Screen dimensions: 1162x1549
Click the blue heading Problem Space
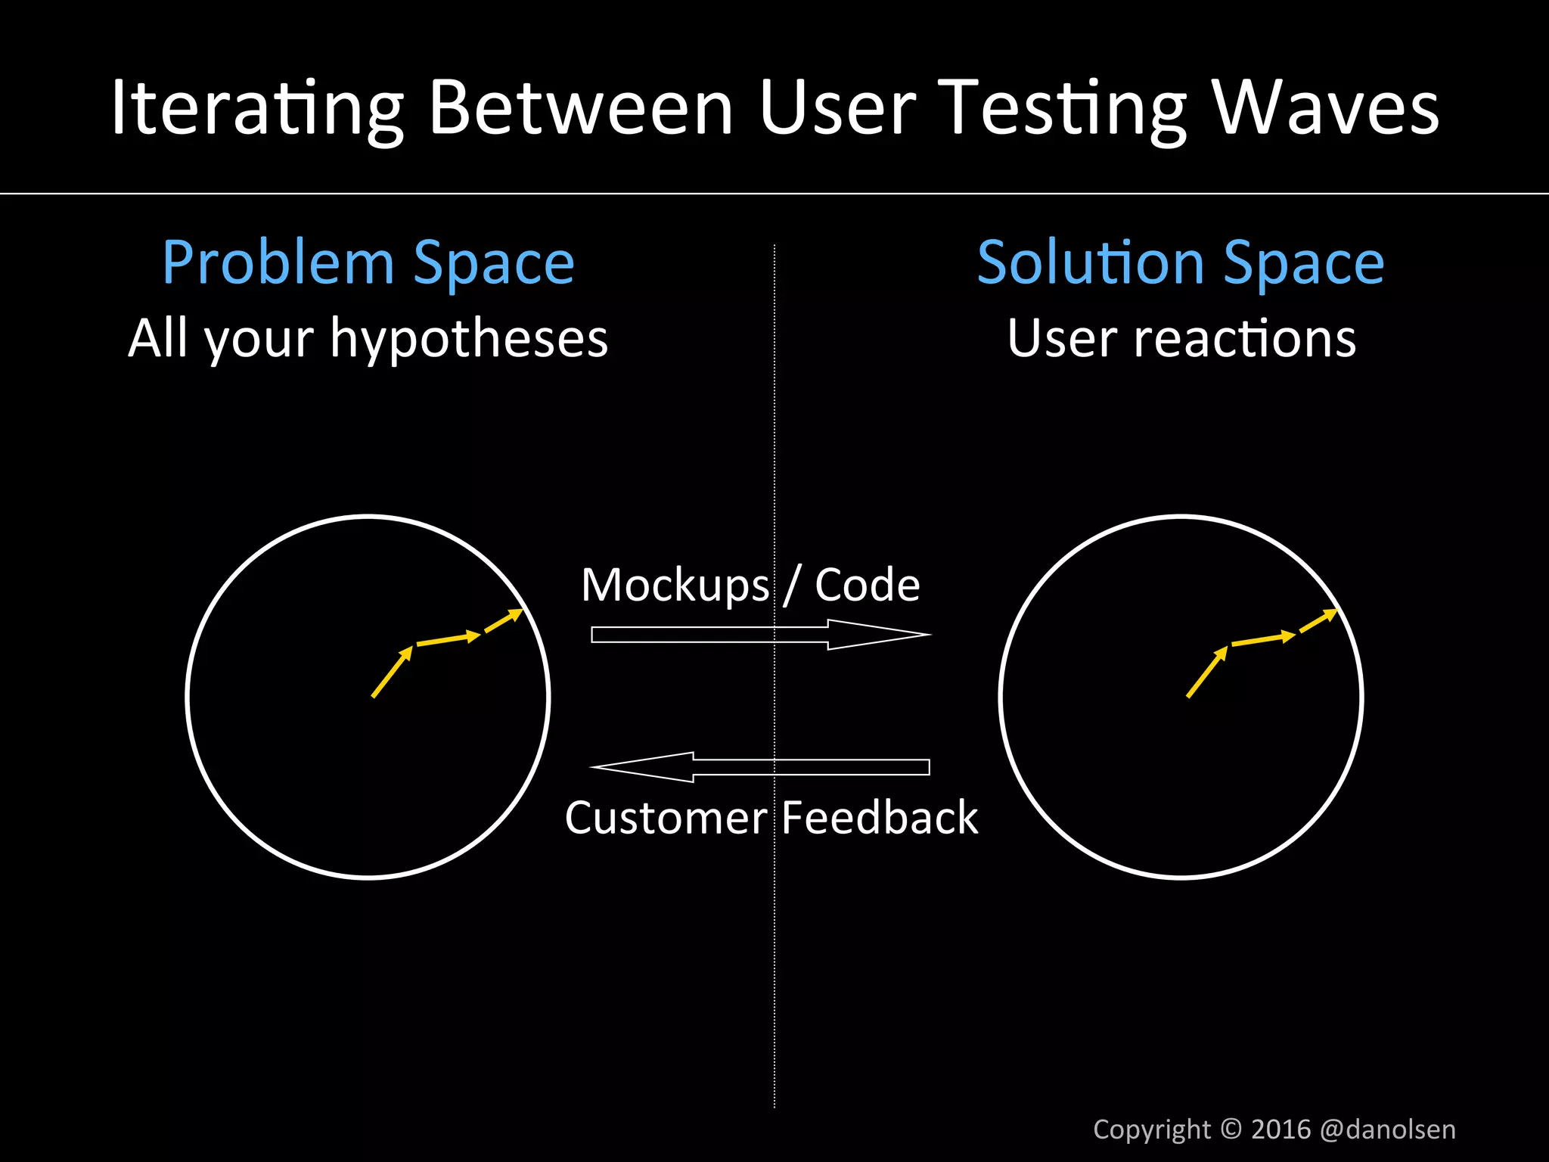tap(368, 263)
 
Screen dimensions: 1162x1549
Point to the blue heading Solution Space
tap(1181, 263)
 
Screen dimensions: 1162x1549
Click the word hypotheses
tap(469, 338)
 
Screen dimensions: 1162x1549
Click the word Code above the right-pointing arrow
tap(867, 585)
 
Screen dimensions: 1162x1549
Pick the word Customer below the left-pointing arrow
tap(666, 818)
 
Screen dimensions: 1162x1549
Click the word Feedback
tap(880, 818)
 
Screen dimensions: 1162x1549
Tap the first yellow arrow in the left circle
tap(392, 672)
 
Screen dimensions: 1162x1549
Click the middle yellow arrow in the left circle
tap(449, 639)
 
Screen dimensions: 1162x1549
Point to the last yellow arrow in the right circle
tap(1319, 621)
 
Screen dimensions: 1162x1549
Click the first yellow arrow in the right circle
tap(1207, 672)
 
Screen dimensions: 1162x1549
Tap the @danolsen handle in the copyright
tap(1387, 1129)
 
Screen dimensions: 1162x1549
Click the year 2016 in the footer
tap(1280, 1129)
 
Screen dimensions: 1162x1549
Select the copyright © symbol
tap(1231, 1129)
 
